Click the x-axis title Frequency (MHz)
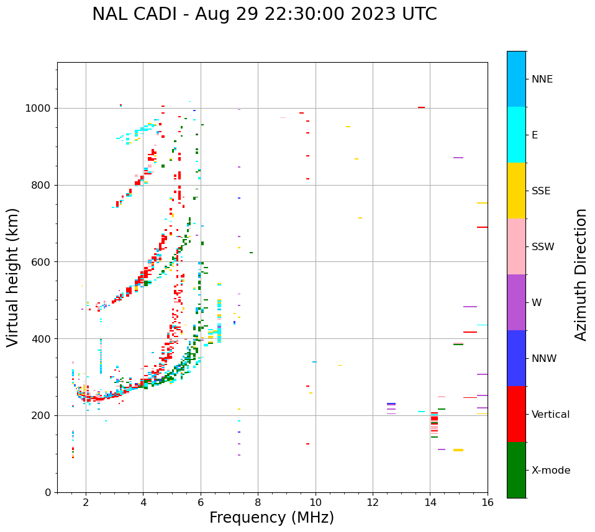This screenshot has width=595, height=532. click(x=271, y=518)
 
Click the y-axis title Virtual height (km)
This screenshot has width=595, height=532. click(x=13, y=277)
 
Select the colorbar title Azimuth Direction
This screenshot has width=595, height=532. click(x=581, y=274)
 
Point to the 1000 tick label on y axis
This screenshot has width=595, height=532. click(x=39, y=108)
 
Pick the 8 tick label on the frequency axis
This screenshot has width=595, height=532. click(x=258, y=502)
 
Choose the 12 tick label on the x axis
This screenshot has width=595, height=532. click(x=373, y=502)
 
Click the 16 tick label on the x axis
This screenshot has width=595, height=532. click(x=488, y=502)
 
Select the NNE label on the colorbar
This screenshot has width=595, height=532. click(x=542, y=79)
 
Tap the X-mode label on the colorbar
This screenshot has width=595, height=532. click(x=550, y=471)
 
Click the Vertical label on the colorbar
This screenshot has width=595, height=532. click(x=550, y=415)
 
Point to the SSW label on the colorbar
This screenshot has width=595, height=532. click(x=543, y=247)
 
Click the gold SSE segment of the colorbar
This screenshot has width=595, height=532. click(x=516, y=191)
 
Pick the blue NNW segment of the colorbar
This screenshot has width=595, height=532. click(x=516, y=358)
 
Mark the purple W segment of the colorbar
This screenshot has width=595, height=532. click(x=516, y=302)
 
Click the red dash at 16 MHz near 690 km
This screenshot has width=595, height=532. click(x=482, y=227)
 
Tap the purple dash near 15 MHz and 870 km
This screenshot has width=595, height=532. click(x=458, y=158)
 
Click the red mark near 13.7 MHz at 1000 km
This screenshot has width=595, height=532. click(x=421, y=107)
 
